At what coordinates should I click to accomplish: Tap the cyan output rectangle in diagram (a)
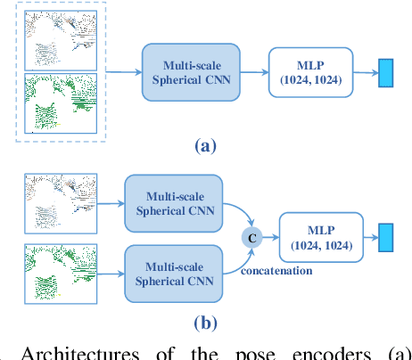pyautogui.click(x=385, y=73)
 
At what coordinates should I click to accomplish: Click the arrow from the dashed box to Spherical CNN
pyautogui.click(x=123, y=72)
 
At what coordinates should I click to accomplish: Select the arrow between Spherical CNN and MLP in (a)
pyautogui.click(x=251, y=72)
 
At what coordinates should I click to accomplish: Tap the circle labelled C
pyautogui.click(x=251, y=237)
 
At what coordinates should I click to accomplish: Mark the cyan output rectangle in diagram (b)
pyautogui.click(x=386, y=238)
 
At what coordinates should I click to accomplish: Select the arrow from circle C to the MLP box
pyautogui.click(x=270, y=238)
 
